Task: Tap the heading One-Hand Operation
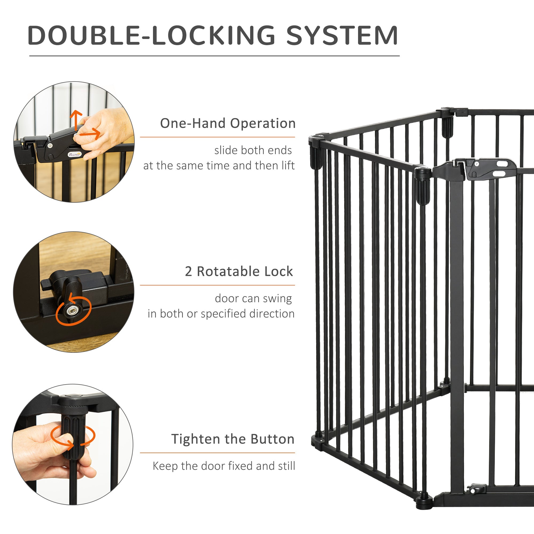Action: pyautogui.click(x=227, y=123)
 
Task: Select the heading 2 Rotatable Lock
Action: pyautogui.click(x=239, y=272)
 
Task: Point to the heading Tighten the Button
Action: pyautogui.click(x=233, y=439)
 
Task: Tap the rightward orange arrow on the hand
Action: pyautogui.click(x=90, y=133)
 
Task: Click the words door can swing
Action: pyautogui.click(x=253, y=299)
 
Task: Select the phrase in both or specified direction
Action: pyautogui.click(x=221, y=314)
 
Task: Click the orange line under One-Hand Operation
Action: pyautogui.click(x=217, y=137)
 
